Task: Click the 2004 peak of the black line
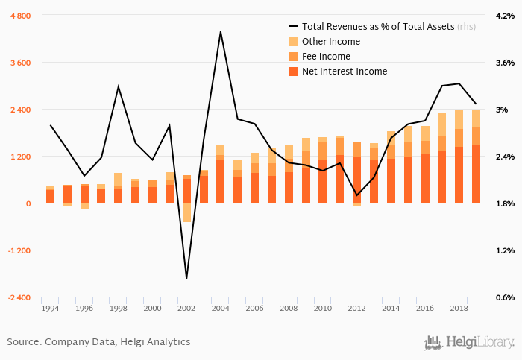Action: (220, 32)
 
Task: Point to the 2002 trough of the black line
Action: (186, 278)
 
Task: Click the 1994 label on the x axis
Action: (51, 308)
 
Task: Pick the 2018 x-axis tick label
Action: (459, 308)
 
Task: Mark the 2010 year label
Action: (323, 308)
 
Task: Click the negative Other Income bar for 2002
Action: (186, 212)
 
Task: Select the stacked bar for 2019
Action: (476, 157)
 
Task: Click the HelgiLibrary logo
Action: (469, 342)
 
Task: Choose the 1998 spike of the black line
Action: (119, 86)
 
